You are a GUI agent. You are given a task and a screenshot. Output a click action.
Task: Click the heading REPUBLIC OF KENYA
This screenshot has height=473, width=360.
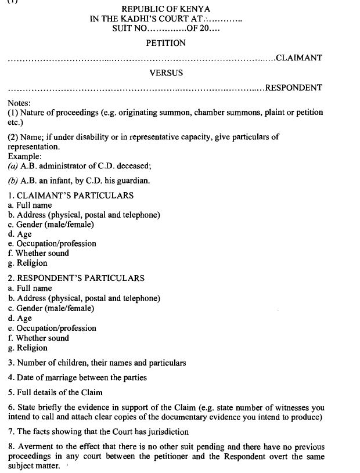[165, 9]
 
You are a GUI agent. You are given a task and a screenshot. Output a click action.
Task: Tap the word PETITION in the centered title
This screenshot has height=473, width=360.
[165, 43]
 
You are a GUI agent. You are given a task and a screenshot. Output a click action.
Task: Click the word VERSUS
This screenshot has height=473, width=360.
[165, 73]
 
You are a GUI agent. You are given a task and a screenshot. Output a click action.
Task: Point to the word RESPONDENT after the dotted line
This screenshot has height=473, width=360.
[293, 88]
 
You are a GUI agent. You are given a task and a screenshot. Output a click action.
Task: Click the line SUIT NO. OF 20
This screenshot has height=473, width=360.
[165, 27]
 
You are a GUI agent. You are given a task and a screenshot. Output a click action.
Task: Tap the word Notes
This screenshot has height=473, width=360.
[20, 102]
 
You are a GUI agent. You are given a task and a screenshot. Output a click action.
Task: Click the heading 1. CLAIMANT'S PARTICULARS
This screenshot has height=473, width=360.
[71, 196]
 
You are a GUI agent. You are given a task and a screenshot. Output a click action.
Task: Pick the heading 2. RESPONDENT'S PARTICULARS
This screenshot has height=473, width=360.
[76, 279]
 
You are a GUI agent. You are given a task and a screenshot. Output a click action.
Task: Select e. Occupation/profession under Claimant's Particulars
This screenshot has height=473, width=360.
[52, 244]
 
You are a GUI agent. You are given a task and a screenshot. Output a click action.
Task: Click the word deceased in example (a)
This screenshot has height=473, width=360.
[131, 165]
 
